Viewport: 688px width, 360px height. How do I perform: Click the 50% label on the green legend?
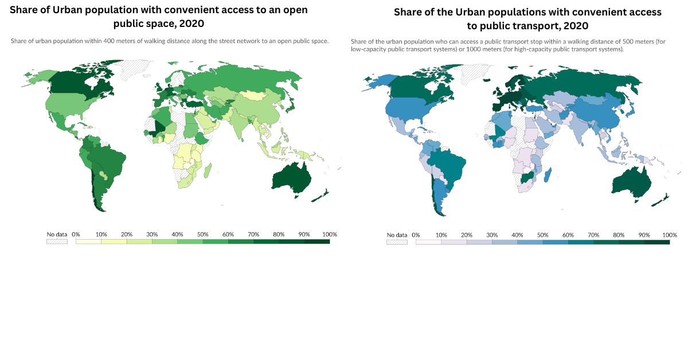click(x=202, y=234)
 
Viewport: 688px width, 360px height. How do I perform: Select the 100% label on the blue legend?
click(x=669, y=235)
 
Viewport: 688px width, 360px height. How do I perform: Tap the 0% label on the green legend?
click(x=76, y=234)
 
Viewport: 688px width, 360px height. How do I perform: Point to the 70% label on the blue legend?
click(x=593, y=235)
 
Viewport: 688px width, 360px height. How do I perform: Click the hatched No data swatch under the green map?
click(x=57, y=241)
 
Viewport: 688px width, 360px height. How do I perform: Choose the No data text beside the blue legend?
click(x=397, y=235)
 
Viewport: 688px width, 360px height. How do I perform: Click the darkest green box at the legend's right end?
click(x=317, y=241)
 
